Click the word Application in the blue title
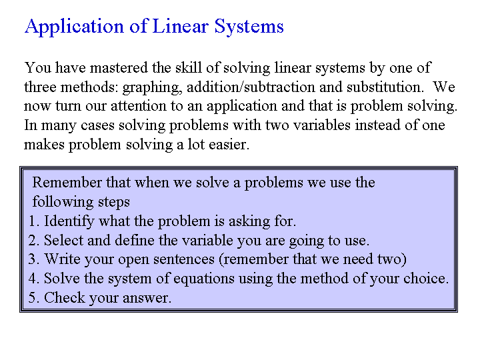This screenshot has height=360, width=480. click(75, 27)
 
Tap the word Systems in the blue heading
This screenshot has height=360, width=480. click(249, 26)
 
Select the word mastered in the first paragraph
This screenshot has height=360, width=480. click(119, 67)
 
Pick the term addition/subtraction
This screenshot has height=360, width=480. click(251, 87)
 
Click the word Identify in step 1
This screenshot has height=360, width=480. click(69, 221)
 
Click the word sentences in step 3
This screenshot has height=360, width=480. click(184, 259)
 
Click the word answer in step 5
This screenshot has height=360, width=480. click(147, 298)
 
